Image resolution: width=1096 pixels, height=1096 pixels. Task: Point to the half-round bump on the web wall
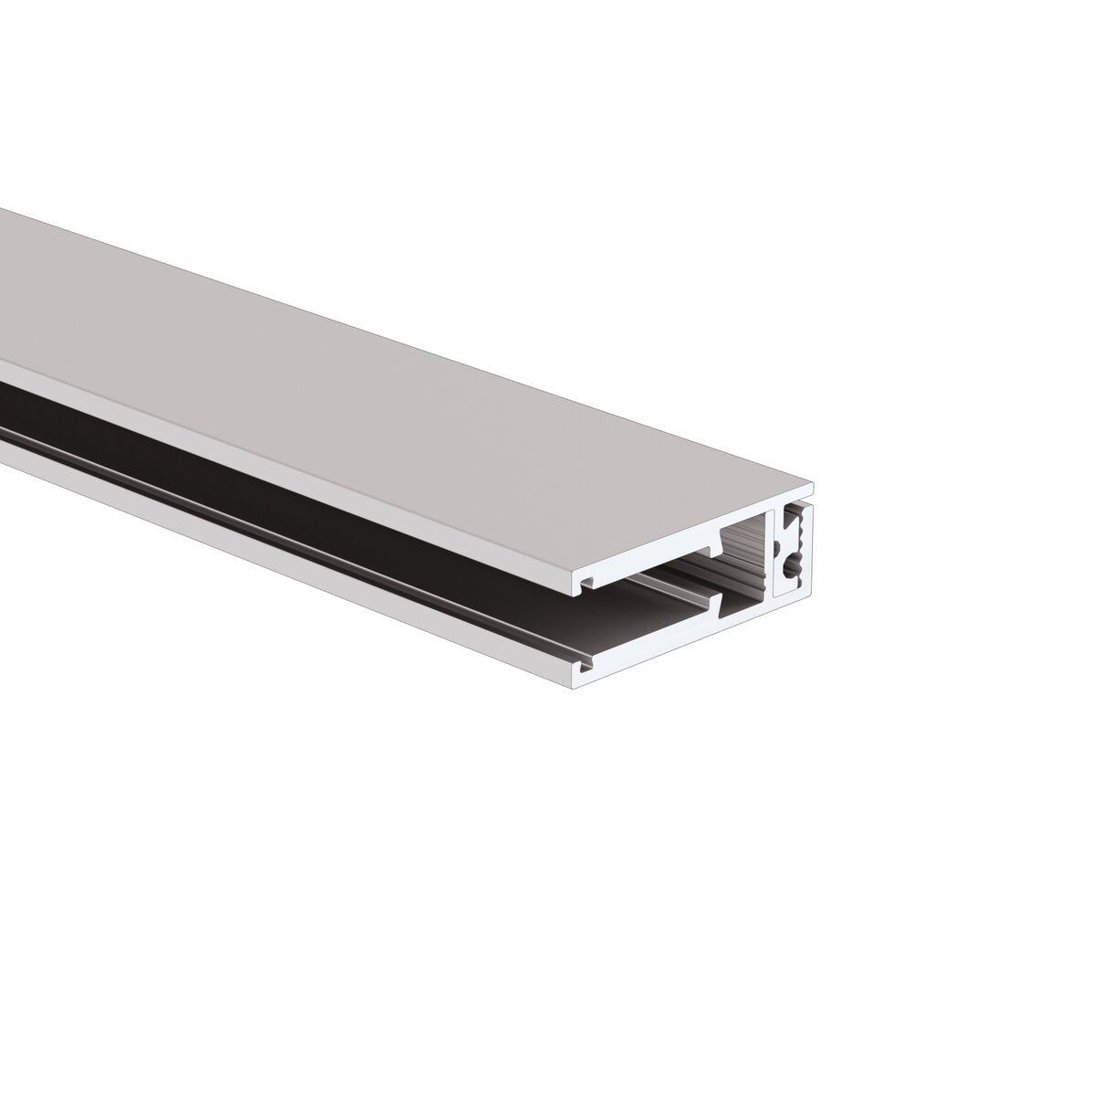(x=776, y=548)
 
